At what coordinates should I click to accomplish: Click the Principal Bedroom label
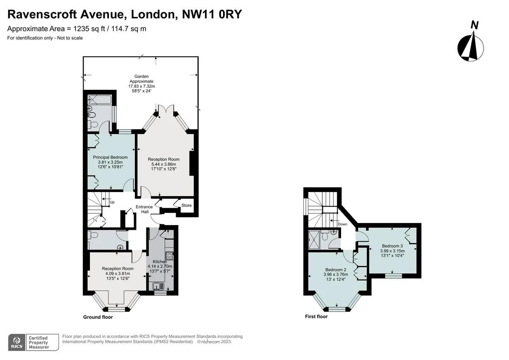point(110,157)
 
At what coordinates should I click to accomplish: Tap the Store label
point(186,205)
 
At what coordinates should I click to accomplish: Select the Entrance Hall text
point(144,209)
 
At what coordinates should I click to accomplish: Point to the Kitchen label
point(160,262)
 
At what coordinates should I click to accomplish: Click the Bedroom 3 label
point(392,246)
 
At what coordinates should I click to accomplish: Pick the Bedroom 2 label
point(336,270)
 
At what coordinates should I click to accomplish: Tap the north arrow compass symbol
point(470,48)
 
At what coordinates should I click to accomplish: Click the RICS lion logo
point(17,342)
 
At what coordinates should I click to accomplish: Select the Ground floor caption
point(98,317)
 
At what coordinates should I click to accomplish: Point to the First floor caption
point(316,316)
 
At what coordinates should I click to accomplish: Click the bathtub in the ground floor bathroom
point(100,100)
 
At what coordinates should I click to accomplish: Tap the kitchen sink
point(158,286)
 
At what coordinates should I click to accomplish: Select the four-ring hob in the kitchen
point(170,256)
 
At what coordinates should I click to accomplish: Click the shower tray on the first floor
point(314,240)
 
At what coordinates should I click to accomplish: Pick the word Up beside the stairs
point(112,202)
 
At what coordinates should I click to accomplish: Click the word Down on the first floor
point(342,224)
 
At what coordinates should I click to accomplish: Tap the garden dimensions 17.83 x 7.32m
point(142,86)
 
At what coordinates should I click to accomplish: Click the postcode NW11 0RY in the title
point(212,14)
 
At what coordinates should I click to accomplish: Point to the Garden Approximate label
point(141,79)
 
